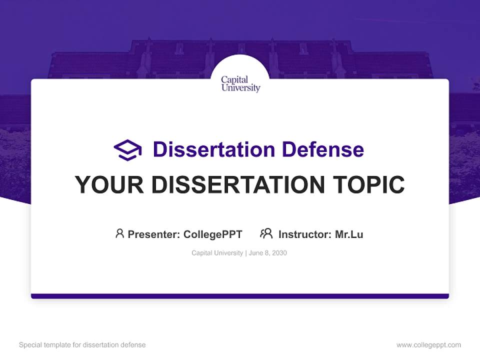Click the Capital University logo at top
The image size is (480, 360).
click(240, 83)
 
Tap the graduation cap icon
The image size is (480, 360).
click(127, 149)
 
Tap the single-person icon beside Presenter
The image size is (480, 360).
click(119, 233)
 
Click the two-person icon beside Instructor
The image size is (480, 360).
click(266, 233)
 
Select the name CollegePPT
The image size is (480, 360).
click(212, 234)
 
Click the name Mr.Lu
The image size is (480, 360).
click(349, 234)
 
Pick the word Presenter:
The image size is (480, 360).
click(154, 234)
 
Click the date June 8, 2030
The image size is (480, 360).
click(267, 253)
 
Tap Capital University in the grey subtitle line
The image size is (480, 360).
click(217, 253)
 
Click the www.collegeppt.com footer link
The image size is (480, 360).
click(428, 345)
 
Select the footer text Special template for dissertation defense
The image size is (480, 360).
click(82, 345)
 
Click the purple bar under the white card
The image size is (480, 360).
click(240, 296)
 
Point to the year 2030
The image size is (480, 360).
click(279, 253)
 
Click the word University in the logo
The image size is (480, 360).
click(241, 88)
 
